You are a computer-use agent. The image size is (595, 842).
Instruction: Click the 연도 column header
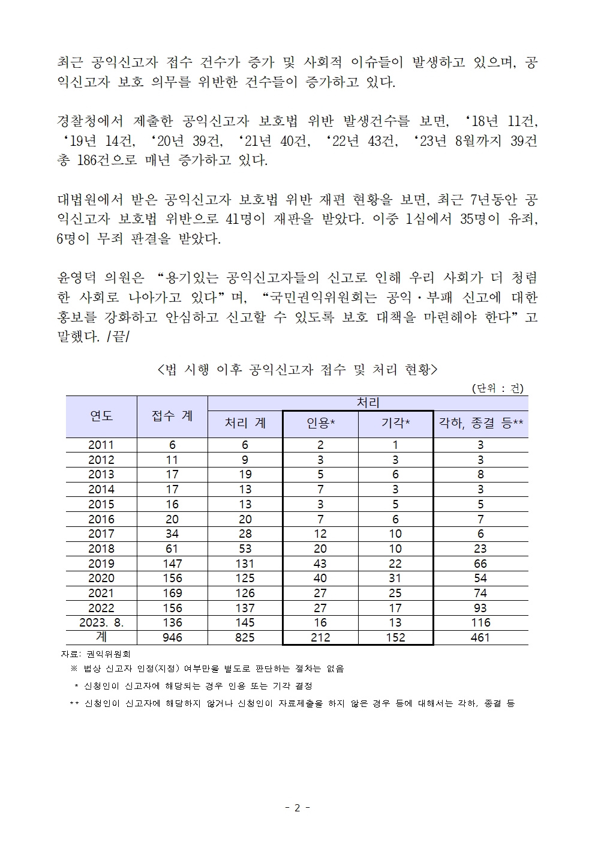101,416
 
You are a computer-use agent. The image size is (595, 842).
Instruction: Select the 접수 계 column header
172,416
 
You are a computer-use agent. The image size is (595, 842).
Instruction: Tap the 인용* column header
320,424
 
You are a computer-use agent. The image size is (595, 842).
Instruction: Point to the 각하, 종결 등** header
480,424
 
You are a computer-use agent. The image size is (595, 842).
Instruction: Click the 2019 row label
101,564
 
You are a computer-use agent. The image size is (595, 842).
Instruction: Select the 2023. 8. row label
101,622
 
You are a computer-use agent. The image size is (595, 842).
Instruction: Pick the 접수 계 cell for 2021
172,593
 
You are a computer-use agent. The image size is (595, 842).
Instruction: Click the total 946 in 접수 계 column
172,637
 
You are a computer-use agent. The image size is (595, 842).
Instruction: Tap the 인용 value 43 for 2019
320,564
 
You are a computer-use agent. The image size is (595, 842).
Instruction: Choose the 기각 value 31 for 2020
395,578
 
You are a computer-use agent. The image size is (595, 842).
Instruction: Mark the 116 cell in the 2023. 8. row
480,622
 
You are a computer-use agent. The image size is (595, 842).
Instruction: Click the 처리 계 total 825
245,637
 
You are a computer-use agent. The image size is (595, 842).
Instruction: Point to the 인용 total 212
320,637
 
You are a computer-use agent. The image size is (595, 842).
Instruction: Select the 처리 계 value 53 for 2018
245,549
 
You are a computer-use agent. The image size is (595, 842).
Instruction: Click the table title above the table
297,370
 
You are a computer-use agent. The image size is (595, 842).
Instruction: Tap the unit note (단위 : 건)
497,388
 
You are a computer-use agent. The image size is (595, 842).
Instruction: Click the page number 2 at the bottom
297,808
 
